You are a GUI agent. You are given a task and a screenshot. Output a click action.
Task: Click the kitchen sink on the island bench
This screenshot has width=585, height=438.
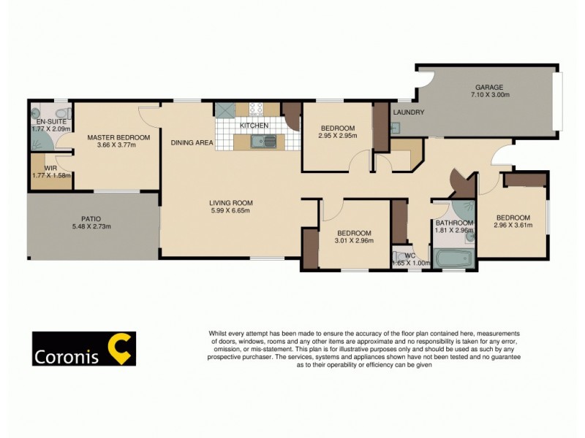259,142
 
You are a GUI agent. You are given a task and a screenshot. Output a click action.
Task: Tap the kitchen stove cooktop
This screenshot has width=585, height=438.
256,109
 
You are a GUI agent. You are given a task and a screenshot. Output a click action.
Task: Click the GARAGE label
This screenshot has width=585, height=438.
490,87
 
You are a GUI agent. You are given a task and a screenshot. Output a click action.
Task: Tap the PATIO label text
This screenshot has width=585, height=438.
92,218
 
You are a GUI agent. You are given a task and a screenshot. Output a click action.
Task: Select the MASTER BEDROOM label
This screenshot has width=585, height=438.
118,137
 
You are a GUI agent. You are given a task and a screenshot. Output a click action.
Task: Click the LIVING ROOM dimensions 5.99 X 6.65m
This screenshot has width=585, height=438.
230,212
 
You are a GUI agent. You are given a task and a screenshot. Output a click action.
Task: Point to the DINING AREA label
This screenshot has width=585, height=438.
192,143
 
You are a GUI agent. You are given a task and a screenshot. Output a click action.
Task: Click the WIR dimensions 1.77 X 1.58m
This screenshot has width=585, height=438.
50,176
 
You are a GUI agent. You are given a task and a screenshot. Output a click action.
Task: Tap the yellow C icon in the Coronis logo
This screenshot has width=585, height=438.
119,348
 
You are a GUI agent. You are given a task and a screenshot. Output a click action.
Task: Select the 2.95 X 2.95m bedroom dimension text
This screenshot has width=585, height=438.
337,136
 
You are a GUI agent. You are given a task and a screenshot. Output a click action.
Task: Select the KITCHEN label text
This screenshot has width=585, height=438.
254,126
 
